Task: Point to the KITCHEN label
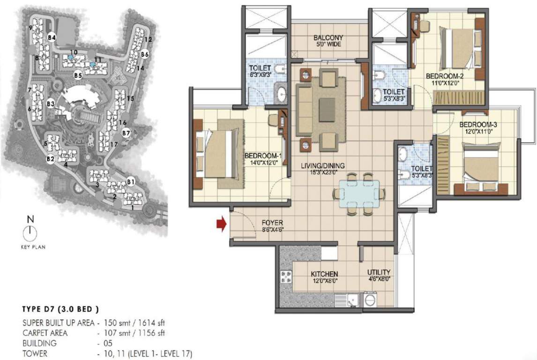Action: (x=325, y=274)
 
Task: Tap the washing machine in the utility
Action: (x=370, y=299)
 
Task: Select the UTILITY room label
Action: (x=379, y=272)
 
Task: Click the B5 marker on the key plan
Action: (x=78, y=75)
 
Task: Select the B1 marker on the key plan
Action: (x=131, y=181)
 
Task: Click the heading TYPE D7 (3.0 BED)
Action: (x=60, y=309)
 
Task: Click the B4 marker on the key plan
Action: (x=52, y=37)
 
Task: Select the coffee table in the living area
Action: (x=327, y=110)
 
